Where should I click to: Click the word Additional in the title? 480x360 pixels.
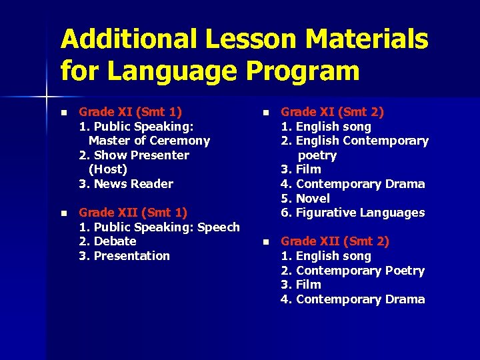[x=127, y=41]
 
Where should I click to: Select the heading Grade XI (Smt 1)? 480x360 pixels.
[x=131, y=112]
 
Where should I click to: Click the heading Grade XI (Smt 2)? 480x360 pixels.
[x=332, y=112]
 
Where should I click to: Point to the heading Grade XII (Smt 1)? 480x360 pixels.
[x=133, y=213]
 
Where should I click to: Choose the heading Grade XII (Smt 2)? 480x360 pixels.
[x=335, y=241]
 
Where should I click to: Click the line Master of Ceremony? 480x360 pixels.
[x=149, y=141]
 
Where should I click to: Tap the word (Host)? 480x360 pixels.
[x=108, y=169]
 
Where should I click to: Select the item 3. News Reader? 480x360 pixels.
[x=126, y=184]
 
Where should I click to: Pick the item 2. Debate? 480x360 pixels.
[x=107, y=241]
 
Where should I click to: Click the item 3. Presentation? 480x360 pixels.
[x=125, y=256]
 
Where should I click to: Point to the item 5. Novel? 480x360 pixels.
[x=305, y=199]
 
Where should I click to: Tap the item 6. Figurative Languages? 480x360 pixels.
[x=353, y=213]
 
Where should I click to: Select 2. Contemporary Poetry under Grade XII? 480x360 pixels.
[x=353, y=271]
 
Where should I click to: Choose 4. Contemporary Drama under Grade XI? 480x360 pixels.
[x=353, y=184]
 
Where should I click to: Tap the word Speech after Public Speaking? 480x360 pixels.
[x=219, y=227]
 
